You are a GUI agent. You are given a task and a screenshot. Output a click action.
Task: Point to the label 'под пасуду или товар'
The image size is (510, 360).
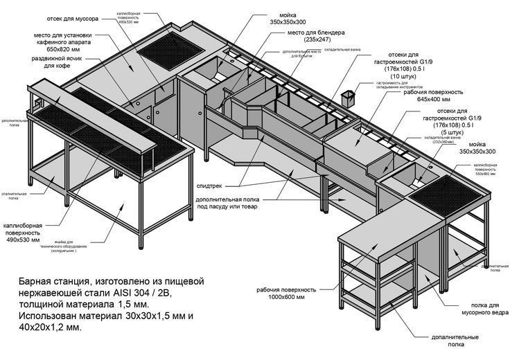234,206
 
